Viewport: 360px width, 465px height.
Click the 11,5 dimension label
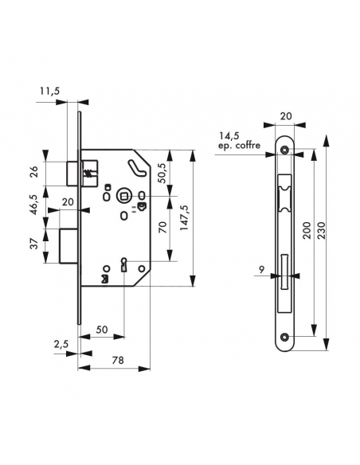point(49,92)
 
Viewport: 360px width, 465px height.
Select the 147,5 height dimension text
point(184,217)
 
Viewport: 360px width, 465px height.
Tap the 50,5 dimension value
point(164,174)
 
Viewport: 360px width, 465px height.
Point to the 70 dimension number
point(163,228)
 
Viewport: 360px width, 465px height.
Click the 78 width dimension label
point(118,360)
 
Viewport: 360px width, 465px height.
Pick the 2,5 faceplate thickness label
point(61,344)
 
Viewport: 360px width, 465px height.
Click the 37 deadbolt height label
point(35,244)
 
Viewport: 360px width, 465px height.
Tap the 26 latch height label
point(35,172)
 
